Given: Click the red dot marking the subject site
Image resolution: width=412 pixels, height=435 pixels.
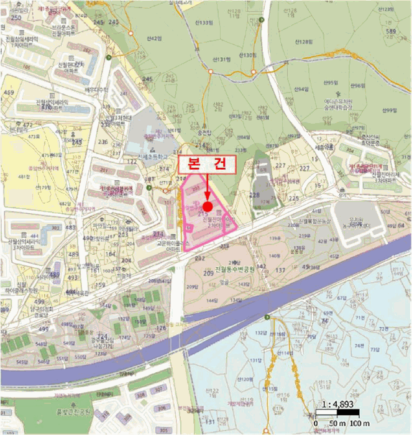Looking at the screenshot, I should (208, 206).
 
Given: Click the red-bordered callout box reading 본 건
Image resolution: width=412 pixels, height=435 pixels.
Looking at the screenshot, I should (208, 165).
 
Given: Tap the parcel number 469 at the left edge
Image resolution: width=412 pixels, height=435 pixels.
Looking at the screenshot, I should (9, 93).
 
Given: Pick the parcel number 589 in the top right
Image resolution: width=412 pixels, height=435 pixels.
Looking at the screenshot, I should (391, 32).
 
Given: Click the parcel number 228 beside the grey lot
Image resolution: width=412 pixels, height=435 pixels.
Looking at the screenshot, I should (254, 195).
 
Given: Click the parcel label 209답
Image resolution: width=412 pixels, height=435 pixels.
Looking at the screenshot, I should (191, 286).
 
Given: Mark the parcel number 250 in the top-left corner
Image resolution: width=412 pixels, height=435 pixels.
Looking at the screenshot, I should (16, 17).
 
